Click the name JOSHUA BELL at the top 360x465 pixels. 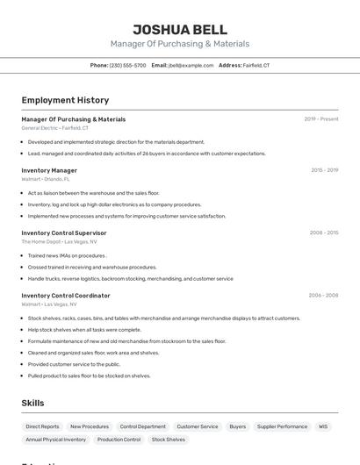point(180,30)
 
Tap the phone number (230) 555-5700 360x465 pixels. point(128,65)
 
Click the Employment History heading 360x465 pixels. point(65,100)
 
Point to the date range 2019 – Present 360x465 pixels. point(321,118)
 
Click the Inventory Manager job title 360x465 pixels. point(49,170)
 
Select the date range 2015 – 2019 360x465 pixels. point(324,170)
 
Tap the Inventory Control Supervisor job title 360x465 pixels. point(64,232)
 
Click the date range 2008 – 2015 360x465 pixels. point(324,232)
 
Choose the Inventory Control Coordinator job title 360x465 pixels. point(66,296)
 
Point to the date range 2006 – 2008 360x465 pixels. point(323,296)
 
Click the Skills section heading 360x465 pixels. point(33,403)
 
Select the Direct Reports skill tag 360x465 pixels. point(42,426)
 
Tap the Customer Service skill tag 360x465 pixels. point(198,426)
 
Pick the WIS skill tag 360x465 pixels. point(323,426)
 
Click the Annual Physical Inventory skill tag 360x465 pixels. point(56,440)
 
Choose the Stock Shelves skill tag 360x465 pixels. point(169,440)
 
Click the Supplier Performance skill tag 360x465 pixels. point(283,426)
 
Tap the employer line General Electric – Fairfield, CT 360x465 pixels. point(54,128)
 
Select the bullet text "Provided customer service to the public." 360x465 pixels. point(74,364)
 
